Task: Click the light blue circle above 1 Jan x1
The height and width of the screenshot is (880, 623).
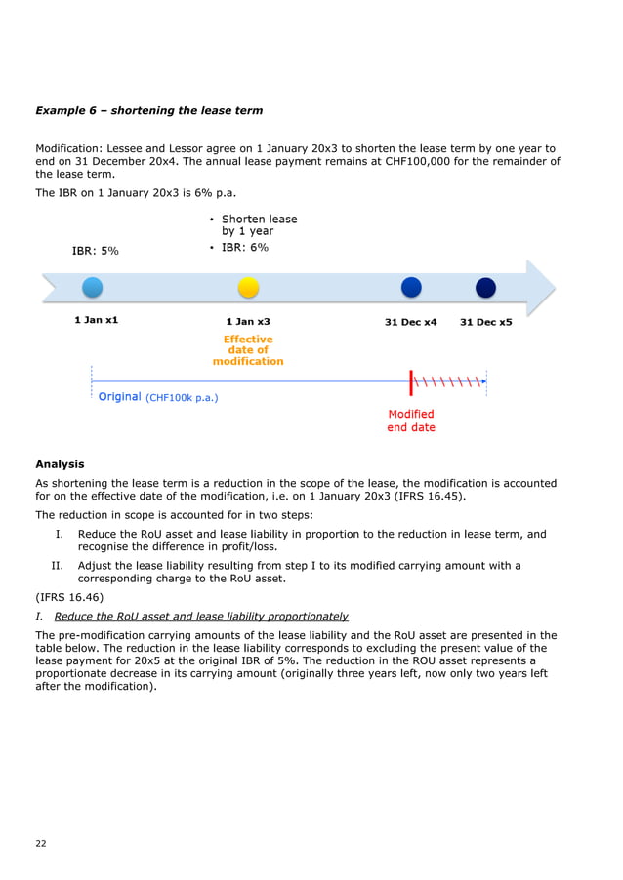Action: point(92,288)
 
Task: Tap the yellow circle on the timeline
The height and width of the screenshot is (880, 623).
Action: point(248,288)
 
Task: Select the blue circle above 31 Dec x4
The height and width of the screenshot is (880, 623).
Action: point(411,288)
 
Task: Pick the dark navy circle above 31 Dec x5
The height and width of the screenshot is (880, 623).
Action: point(485,288)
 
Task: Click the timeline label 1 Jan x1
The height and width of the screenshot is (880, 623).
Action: point(97,320)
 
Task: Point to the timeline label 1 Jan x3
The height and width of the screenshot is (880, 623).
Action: point(248,321)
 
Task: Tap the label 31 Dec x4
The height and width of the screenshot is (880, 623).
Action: point(411,321)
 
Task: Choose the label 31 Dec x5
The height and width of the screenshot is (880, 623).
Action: point(485,321)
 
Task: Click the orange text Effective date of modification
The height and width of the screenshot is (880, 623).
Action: point(248,350)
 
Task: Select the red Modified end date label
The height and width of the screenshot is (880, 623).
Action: point(411,420)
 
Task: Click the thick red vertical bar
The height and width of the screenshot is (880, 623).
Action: point(412,381)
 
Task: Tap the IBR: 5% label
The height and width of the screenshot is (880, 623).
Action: point(96,251)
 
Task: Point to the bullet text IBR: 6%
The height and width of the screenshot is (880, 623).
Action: point(245,248)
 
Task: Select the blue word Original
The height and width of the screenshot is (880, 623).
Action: point(119,397)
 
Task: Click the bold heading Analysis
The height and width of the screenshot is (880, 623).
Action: point(60,464)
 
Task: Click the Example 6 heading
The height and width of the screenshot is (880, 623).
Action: point(148,110)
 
